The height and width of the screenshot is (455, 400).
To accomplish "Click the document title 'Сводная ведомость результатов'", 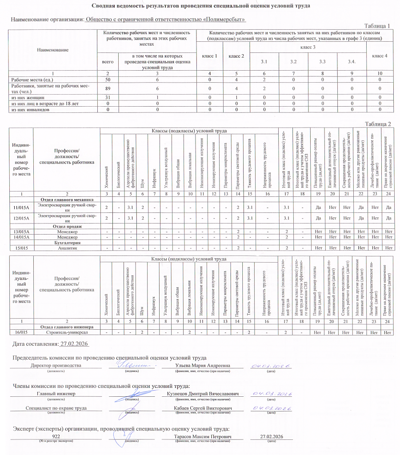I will click(200, 6).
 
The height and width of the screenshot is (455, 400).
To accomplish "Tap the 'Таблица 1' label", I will click(377, 26).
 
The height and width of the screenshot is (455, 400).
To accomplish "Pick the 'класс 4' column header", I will click(380, 56).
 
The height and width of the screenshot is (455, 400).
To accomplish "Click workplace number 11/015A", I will click(21, 207).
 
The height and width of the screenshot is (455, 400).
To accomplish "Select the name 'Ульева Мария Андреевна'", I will click(197, 366).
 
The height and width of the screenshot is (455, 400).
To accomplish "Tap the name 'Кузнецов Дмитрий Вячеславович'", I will click(203, 394).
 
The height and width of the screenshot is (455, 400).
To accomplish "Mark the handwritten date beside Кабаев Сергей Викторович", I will click(271, 408).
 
